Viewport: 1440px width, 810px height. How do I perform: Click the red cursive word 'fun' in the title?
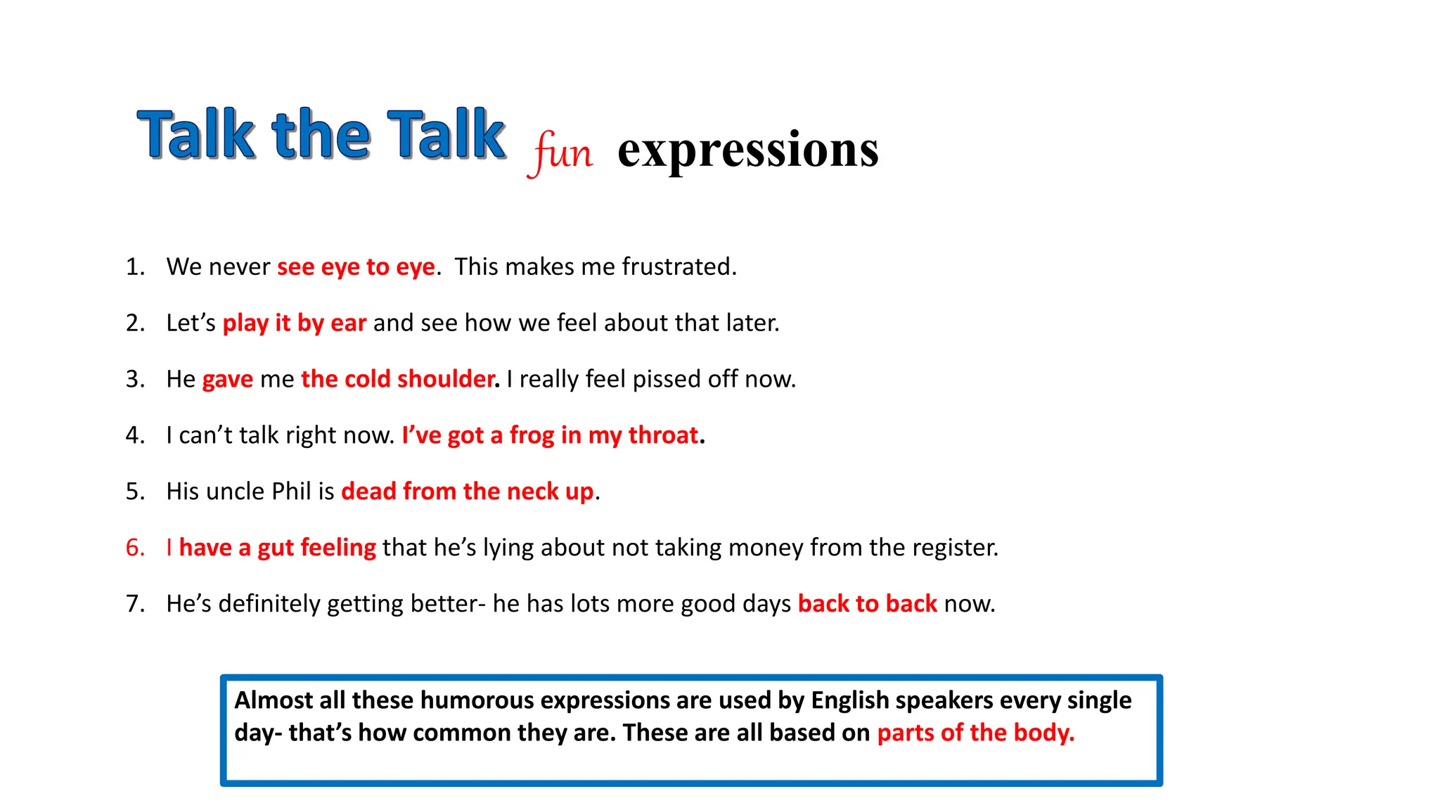[561, 152]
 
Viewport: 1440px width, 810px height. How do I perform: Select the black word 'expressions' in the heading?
[747, 149]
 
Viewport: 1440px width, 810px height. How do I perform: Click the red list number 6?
[134, 548]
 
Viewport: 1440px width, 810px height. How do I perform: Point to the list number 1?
[134, 267]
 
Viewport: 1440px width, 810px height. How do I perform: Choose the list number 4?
[134, 435]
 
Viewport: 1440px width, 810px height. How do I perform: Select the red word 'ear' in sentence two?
[348, 323]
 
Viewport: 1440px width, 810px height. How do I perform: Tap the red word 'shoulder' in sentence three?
[446, 379]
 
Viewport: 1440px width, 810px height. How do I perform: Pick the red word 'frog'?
[532, 436]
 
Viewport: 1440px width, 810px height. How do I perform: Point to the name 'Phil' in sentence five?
[291, 491]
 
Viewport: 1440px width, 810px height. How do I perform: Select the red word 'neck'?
[532, 491]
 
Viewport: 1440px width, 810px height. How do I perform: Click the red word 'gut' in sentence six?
[275, 548]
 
